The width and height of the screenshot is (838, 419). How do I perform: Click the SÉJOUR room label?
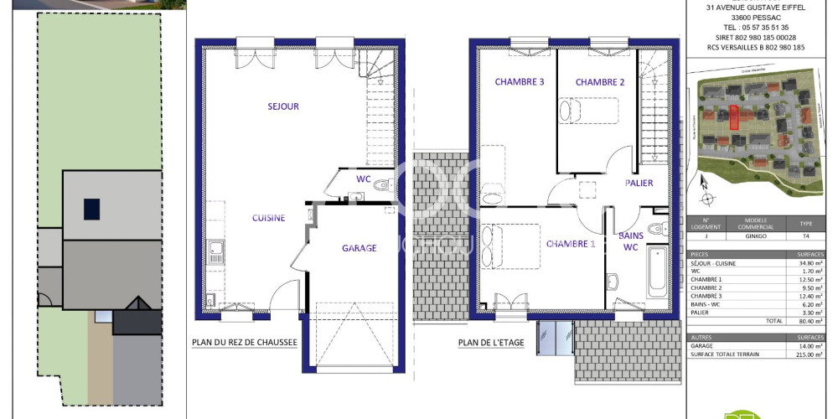282,106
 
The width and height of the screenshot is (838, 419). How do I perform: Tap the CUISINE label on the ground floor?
269,218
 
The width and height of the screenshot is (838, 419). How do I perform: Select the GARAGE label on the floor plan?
359,248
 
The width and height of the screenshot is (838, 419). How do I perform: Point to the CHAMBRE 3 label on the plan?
520,82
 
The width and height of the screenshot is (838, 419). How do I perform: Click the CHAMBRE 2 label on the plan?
600,82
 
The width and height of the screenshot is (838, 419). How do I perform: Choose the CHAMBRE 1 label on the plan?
571,244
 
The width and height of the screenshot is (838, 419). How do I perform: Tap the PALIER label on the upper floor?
639,183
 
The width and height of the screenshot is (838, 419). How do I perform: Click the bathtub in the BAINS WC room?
656,272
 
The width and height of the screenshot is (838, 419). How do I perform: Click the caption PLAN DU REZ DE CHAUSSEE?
245,342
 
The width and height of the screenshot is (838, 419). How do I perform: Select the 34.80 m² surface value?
810,263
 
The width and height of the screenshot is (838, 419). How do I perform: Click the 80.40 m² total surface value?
810,321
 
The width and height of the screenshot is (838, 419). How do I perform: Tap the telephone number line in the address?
751,27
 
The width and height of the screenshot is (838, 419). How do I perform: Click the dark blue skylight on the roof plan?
91,209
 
